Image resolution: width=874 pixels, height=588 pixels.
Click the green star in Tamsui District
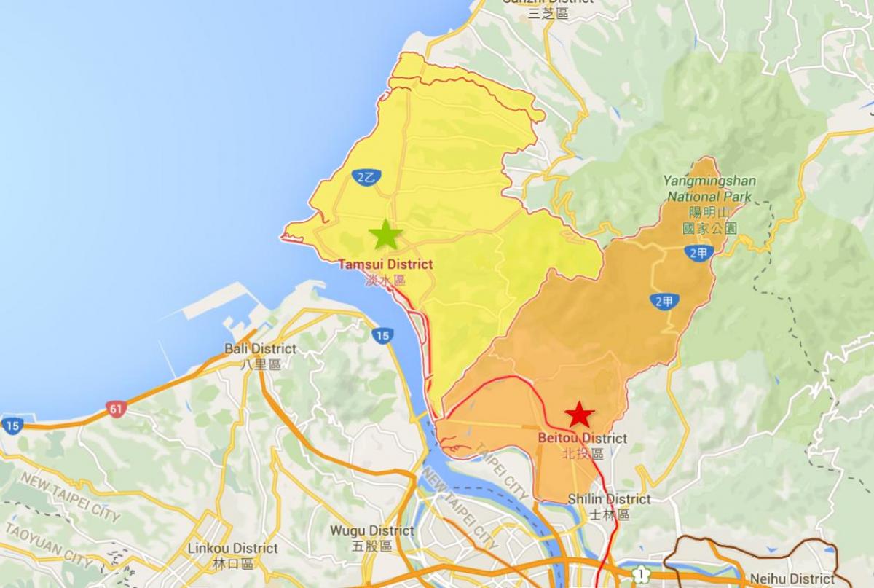(385, 235)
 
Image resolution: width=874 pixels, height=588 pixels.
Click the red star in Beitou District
(579, 415)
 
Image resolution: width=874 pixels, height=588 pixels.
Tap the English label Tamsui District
(385, 264)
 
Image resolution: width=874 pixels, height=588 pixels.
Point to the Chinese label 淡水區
(385, 280)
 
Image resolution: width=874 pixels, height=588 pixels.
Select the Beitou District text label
(582, 438)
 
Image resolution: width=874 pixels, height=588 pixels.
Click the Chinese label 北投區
(583, 453)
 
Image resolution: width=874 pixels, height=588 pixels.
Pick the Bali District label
(260, 348)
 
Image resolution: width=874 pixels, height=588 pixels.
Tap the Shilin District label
(609, 499)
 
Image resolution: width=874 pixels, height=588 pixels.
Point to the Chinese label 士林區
(609, 514)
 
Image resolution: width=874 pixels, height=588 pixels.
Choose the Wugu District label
(371, 530)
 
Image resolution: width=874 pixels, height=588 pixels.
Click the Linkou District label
(233, 548)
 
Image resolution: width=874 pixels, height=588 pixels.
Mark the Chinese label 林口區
(233, 563)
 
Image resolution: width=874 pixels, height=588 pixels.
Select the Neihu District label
(792, 579)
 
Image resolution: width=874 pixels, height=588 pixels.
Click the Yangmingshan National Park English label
(709, 189)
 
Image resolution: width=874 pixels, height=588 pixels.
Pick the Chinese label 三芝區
(548, 13)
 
